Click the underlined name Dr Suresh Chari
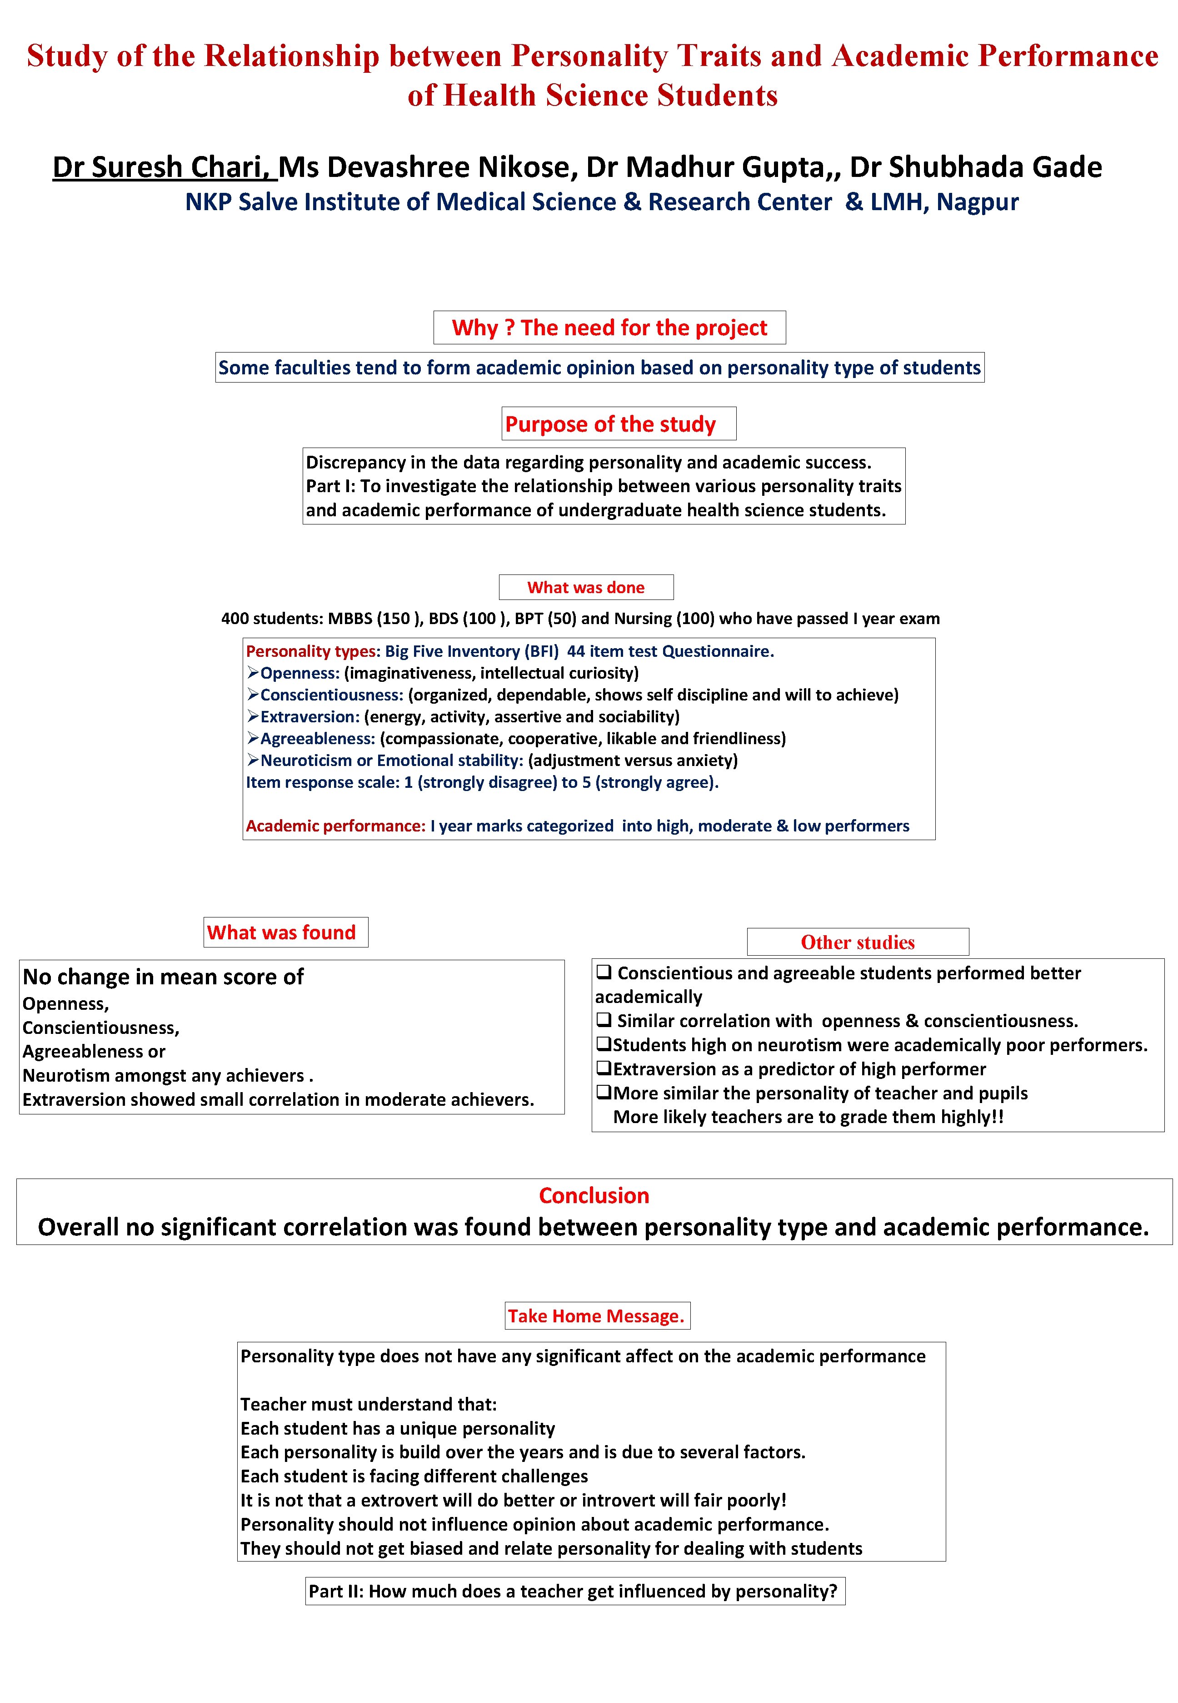(x=164, y=168)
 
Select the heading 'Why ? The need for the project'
(x=609, y=328)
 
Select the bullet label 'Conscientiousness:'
(x=331, y=695)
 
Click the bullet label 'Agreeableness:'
(x=317, y=739)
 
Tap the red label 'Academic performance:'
(x=335, y=826)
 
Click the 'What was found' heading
(x=281, y=933)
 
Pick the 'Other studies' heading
(x=857, y=943)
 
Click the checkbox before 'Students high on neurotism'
(x=603, y=1044)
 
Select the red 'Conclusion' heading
(x=594, y=1196)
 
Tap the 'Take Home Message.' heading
(x=596, y=1316)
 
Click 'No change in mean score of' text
(x=163, y=977)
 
